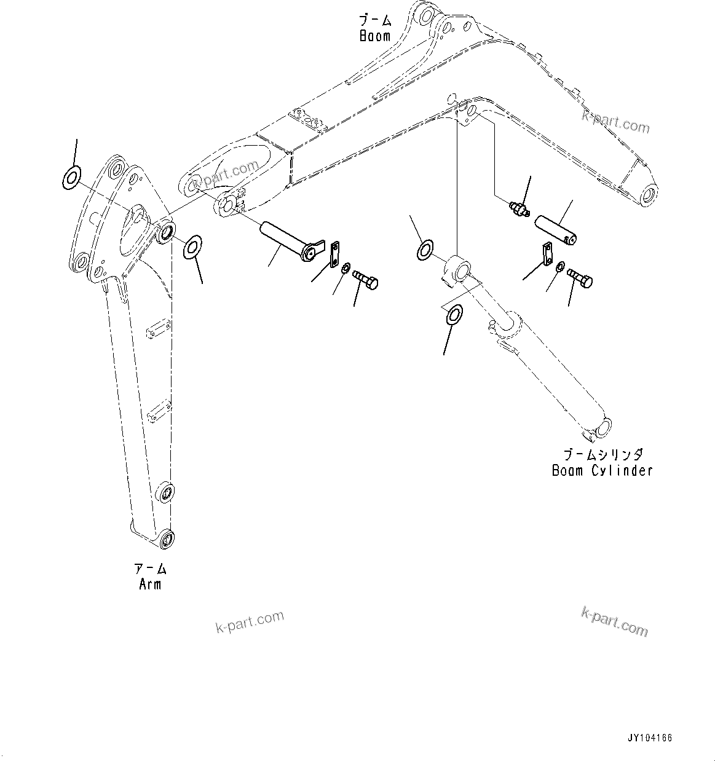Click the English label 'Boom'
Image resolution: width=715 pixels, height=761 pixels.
(375, 36)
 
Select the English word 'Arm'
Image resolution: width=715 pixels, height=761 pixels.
(150, 584)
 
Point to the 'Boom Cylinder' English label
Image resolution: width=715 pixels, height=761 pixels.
(602, 471)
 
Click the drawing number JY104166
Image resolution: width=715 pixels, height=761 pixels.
(650, 738)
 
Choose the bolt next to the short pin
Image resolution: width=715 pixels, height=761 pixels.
(580, 278)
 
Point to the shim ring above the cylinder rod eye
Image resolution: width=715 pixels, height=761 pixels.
(425, 250)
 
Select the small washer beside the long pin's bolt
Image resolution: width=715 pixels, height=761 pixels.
(346, 268)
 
